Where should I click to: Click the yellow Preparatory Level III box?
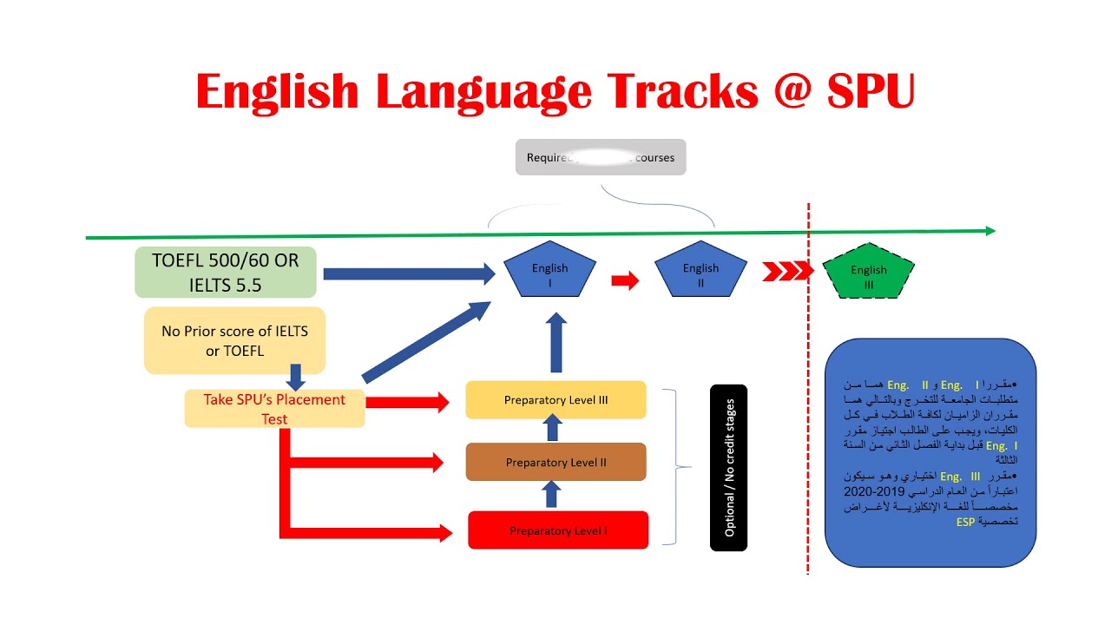coord(555,400)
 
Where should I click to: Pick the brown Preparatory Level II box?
coord(555,463)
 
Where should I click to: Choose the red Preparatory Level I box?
coord(558,530)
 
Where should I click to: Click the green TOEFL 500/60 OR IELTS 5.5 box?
coord(226,273)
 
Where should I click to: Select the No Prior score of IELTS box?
coord(234,340)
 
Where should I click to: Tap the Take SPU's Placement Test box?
coord(274,409)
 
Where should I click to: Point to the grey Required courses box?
coord(601,158)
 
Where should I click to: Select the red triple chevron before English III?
coord(786,272)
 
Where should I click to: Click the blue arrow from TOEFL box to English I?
coord(408,274)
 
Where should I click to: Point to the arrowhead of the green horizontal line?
coord(989,231)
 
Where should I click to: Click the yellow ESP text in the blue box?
coord(965,522)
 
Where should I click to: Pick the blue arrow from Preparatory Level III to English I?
coord(557,342)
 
